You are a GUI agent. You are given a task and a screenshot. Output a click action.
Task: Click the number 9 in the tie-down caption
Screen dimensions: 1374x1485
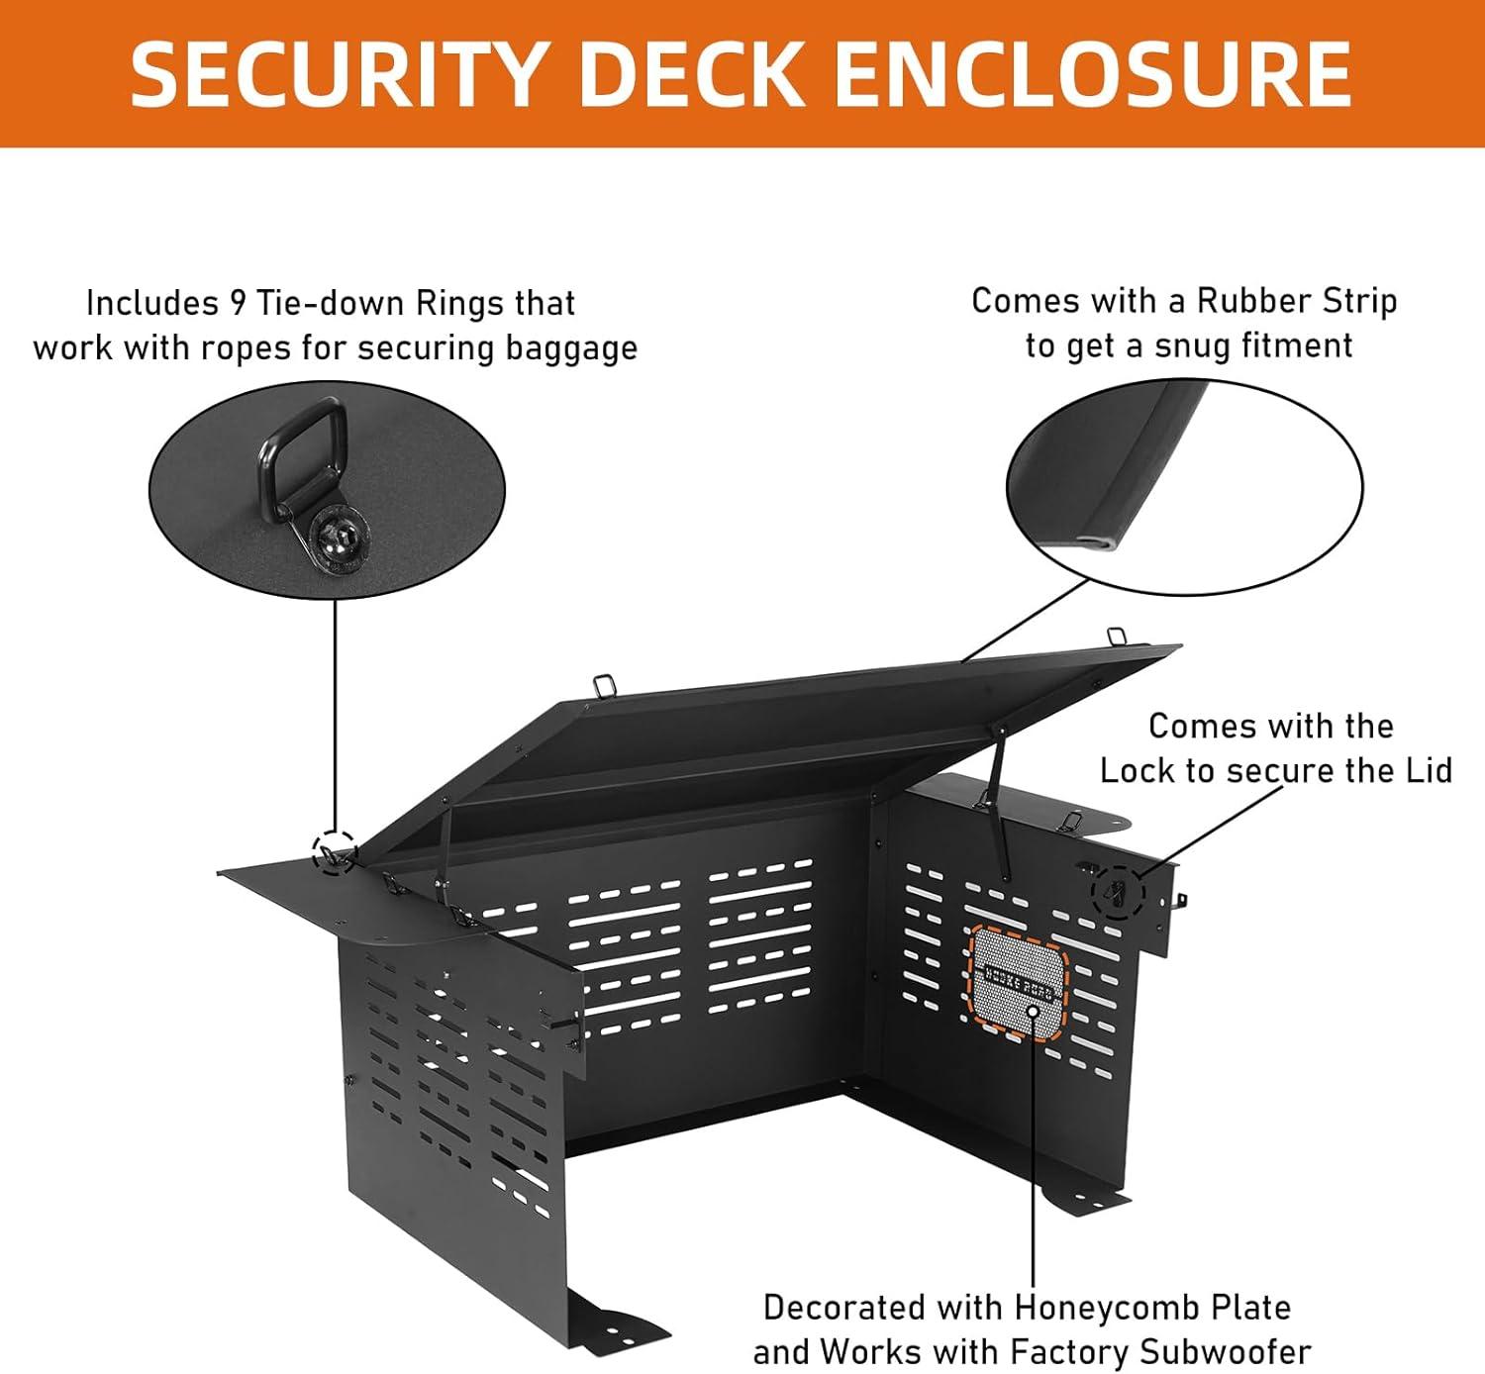(x=238, y=303)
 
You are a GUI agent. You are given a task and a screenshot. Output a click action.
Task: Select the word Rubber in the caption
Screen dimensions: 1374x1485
(x=1246, y=301)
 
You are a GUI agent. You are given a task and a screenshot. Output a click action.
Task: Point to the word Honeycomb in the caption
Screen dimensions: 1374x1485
(x=1089, y=1308)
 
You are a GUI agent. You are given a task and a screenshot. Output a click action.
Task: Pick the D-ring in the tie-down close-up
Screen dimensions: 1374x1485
(x=302, y=447)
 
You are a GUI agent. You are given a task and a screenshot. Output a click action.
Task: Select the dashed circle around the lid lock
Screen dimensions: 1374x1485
(x=1118, y=892)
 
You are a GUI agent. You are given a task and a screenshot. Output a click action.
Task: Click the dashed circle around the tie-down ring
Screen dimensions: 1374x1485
(x=335, y=852)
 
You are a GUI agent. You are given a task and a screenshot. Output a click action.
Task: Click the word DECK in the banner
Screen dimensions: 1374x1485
(x=692, y=74)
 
